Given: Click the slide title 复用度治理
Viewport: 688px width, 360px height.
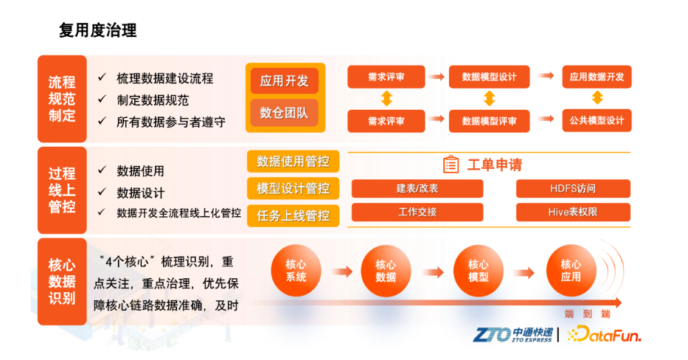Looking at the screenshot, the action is point(98,30).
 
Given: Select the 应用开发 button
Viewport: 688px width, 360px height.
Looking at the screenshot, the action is point(285,81).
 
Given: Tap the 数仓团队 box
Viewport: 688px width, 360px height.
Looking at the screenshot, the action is point(285,114).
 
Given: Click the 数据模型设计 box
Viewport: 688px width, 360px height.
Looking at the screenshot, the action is point(489,77).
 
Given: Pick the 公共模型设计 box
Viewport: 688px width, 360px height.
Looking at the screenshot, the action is point(597,120).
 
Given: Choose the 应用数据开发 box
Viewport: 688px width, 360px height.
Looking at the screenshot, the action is point(597,77).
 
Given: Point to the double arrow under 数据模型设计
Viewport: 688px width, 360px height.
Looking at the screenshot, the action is point(489,98).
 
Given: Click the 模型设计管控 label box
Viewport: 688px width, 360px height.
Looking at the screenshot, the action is point(293,188).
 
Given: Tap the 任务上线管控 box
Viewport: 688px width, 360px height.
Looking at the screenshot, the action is point(293,215).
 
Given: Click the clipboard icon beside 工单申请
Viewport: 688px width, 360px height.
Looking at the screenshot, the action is point(451,165).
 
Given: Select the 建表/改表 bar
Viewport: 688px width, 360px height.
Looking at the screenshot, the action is point(417,188).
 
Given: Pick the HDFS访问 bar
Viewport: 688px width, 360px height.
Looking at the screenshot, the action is point(573,188).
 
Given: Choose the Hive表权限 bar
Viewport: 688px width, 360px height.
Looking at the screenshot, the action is point(573,212).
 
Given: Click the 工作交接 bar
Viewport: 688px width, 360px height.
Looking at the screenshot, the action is point(417,212).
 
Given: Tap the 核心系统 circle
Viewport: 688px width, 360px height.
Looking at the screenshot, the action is point(296,271).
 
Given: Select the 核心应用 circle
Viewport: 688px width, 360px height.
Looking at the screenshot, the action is point(571,271).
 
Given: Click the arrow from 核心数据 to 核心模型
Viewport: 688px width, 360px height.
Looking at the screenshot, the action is point(434,272).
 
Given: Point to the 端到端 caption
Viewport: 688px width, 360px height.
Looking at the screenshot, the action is point(588,314).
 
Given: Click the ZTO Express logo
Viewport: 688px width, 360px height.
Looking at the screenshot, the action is point(512,335).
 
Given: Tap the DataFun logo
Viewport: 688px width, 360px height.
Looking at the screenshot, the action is point(604,334).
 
